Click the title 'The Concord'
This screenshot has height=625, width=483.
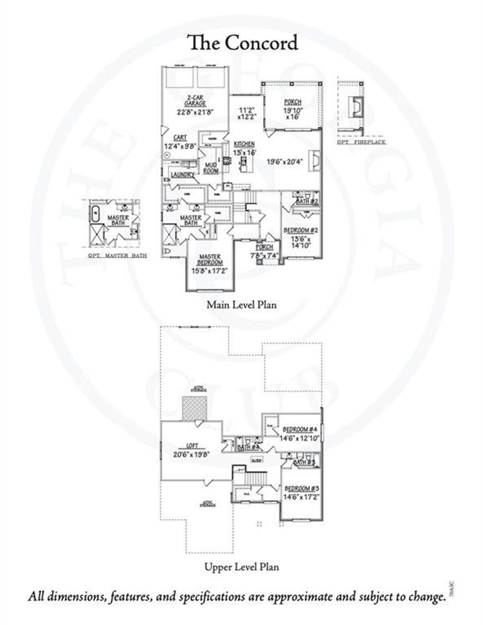243,43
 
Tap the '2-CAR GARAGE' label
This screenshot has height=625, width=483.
195,101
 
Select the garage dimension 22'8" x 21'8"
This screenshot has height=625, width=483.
195,112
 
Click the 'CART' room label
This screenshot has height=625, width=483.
180,138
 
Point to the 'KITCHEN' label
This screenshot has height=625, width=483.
244,144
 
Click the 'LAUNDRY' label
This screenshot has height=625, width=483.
183,175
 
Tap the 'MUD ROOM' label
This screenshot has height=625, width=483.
211,168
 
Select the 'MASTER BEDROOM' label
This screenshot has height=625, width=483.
211,260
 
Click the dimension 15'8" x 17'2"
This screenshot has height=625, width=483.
210,271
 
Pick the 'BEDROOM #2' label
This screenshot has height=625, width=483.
301,230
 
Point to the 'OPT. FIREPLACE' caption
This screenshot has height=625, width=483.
361,142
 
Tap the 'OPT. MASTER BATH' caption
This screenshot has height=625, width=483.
117,256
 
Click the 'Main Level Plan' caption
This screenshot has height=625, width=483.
241,305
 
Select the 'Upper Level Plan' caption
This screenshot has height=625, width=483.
241,567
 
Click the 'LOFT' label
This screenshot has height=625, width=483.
192,446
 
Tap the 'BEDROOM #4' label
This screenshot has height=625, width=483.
300,429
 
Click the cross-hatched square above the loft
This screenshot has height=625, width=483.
195,407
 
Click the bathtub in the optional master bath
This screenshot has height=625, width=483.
95,214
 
